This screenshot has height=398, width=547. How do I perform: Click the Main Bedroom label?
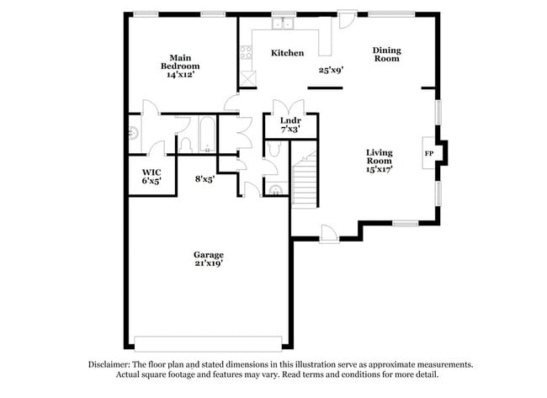[180, 61]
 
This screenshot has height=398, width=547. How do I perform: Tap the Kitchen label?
[287, 53]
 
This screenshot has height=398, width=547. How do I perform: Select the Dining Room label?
[386, 55]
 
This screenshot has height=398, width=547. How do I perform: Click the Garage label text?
[208, 254]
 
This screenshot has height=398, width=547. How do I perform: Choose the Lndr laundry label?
[289, 120]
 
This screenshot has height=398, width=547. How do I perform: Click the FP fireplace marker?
[428, 154]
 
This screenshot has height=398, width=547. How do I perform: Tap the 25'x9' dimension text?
[331, 71]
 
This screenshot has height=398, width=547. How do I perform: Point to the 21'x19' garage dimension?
[208, 263]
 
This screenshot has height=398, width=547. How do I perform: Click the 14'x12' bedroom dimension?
[181, 74]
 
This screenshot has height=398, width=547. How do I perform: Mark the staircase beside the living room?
[305, 179]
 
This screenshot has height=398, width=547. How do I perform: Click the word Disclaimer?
[112, 364]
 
